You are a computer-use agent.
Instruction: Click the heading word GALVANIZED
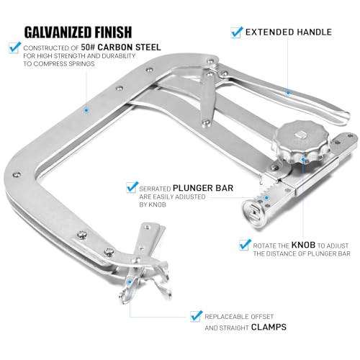click(58, 32)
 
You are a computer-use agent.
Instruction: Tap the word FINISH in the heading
click(113, 32)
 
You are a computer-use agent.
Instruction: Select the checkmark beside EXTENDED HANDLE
click(237, 32)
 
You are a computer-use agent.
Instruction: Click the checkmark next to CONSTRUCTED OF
click(14, 48)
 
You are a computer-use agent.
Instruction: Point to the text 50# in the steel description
click(88, 48)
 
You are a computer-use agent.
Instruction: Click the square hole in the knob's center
click(300, 135)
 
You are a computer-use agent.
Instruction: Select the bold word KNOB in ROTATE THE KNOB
click(303, 245)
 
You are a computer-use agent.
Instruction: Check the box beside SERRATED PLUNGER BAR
click(132, 187)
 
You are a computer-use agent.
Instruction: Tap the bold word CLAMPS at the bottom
click(269, 327)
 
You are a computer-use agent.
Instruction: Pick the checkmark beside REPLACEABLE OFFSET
click(196, 316)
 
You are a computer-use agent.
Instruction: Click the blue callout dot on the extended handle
click(288, 92)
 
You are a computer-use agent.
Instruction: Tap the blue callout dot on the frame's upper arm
click(86, 110)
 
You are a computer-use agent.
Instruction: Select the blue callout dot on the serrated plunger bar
click(266, 198)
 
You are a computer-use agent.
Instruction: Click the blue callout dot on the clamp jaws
click(130, 282)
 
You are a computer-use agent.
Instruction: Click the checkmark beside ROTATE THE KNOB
click(245, 245)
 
